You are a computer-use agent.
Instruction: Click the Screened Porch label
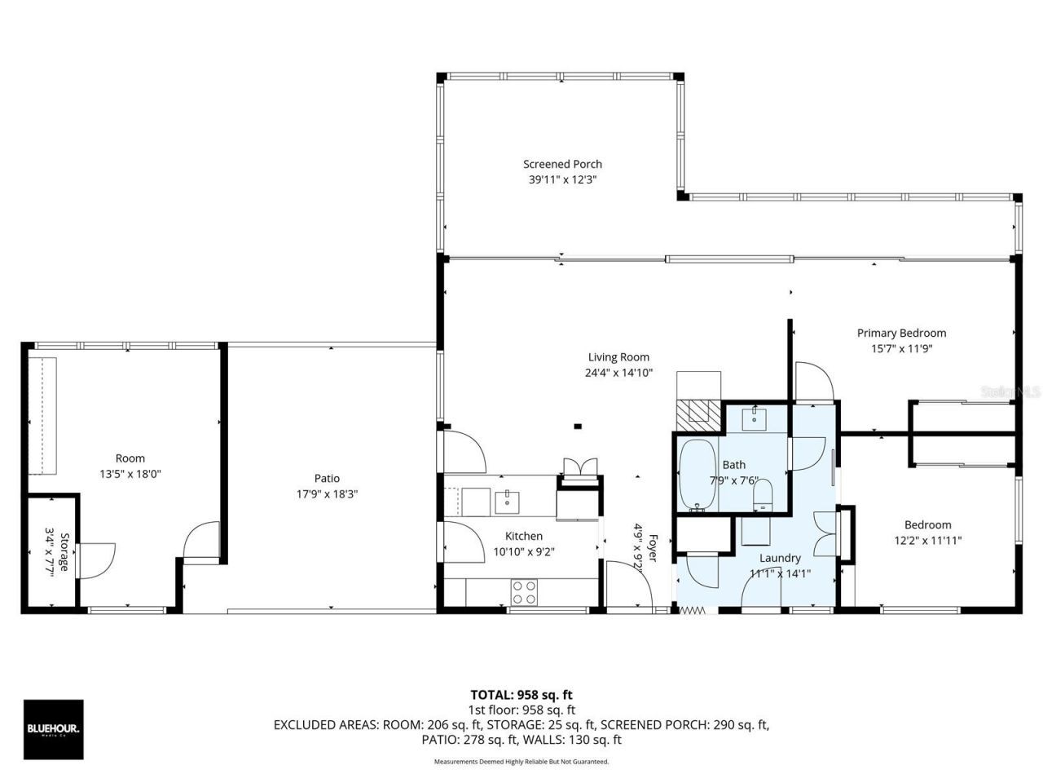click(562, 164)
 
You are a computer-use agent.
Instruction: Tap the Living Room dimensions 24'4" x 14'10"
click(618, 373)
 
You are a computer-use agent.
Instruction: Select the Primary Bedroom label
click(901, 333)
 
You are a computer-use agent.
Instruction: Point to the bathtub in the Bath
click(696, 476)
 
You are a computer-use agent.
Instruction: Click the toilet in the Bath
click(763, 494)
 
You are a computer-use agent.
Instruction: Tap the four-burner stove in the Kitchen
click(523, 592)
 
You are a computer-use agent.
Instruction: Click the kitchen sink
click(507, 499)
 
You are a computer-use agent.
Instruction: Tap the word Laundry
click(780, 558)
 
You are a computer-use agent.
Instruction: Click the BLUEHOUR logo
click(53, 729)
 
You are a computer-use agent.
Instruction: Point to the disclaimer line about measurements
click(521, 762)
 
